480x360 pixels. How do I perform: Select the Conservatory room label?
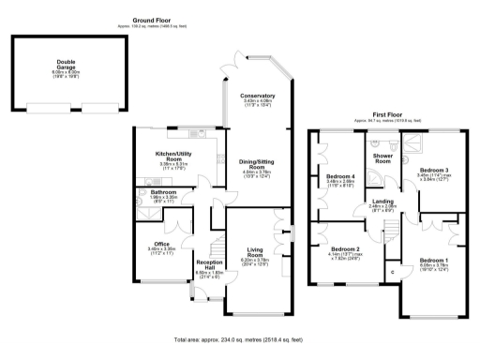[257, 96]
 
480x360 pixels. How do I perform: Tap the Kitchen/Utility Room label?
[174, 156]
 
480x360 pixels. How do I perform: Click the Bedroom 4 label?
[338, 176]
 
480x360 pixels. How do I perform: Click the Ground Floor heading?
[156, 19]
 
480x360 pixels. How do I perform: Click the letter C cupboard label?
[392, 273]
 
